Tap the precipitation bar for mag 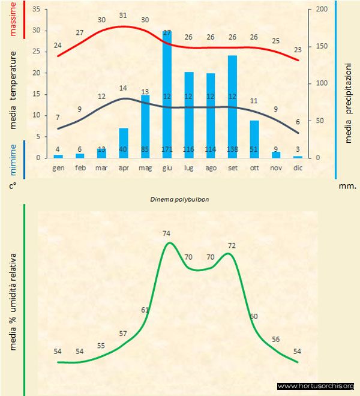coord(145,126)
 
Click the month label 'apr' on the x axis coord(123,169)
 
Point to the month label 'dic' coord(298,169)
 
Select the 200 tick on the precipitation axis coord(322,10)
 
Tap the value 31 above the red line coord(124,16)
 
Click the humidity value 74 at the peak coord(167,233)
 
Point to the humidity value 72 coord(232,246)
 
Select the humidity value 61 coord(145,310)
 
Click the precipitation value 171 coord(167,149)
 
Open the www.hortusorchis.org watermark coord(316,386)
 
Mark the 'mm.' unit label coord(347,186)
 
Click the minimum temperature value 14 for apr coord(124,88)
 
